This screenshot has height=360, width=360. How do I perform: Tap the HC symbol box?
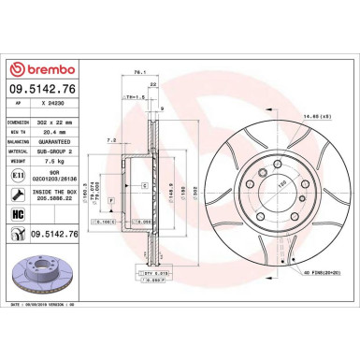coord(18,214)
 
